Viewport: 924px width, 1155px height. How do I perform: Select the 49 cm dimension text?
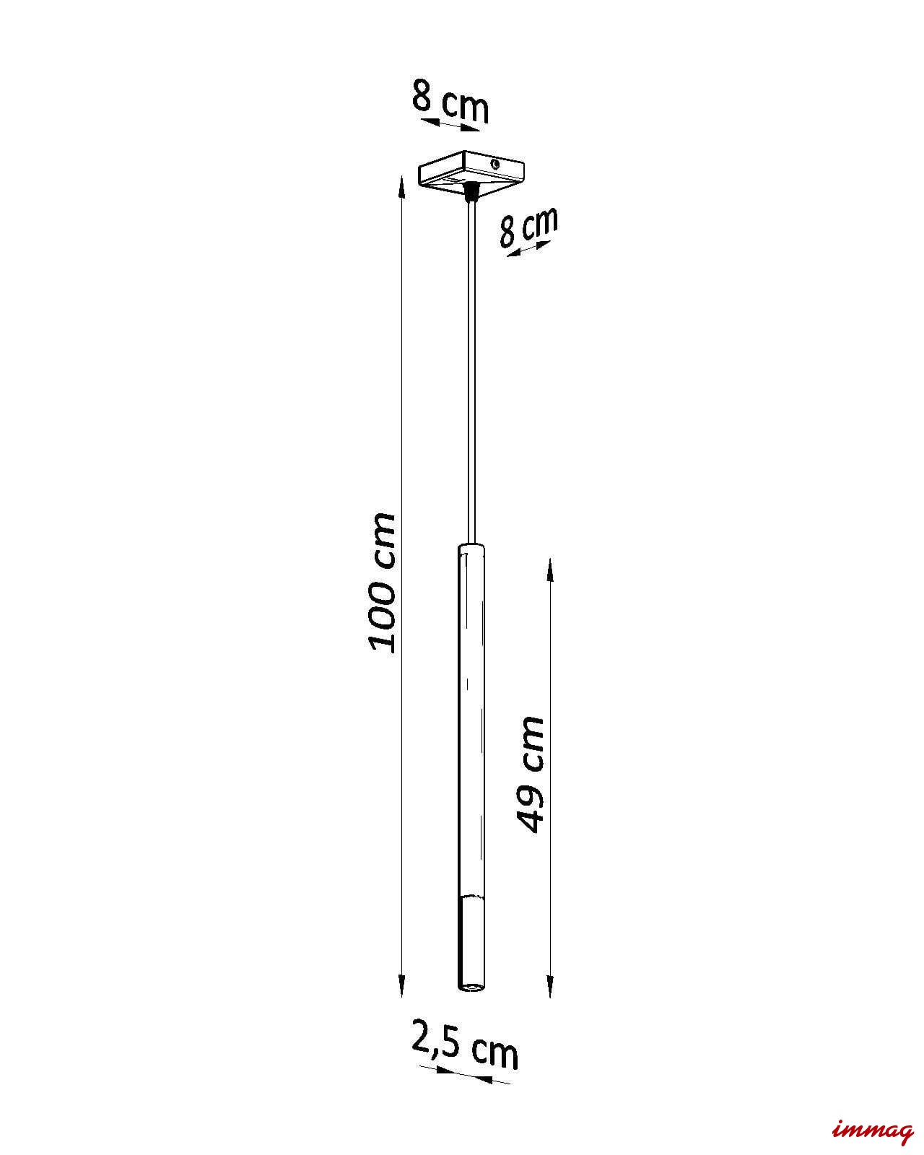click(530, 773)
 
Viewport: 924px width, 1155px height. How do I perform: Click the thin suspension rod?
click(471, 373)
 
